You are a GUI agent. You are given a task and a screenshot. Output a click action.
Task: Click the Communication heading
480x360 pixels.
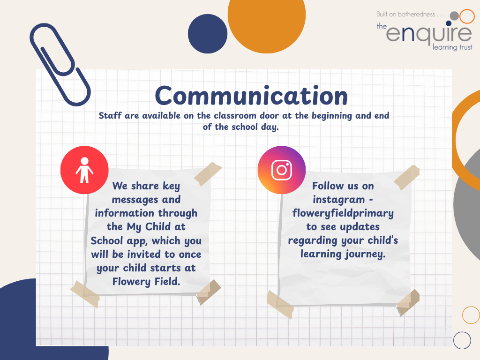pyautogui.click(x=251, y=96)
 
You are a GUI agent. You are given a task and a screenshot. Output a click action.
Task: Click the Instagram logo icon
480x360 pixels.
pyautogui.click(x=282, y=170)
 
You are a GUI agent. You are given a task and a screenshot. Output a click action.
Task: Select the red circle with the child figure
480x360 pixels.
pyautogui.click(x=84, y=170)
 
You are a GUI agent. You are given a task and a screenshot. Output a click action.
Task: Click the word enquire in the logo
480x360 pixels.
pyautogui.click(x=429, y=34)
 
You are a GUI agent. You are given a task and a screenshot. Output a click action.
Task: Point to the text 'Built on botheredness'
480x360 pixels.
pyautogui.click(x=405, y=14)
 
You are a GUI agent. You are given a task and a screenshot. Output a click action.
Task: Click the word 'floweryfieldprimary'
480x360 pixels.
pyautogui.click(x=343, y=213)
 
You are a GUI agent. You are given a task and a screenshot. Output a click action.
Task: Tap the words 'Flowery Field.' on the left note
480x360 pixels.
pyautogui.click(x=146, y=281)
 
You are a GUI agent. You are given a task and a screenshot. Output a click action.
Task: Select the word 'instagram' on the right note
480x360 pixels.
pyautogui.click(x=338, y=200)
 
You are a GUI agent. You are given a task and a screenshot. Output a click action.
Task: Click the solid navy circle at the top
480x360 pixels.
pyautogui.click(x=208, y=34)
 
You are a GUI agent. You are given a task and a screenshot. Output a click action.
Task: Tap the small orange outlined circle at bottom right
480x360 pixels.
pyautogui.click(x=463, y=315)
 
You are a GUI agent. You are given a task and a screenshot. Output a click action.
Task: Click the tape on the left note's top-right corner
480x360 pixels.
pyautogui.click(x=208, y=174)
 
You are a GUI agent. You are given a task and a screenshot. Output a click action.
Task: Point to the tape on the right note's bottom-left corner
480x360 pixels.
pyautogui.click(x=280, y=305)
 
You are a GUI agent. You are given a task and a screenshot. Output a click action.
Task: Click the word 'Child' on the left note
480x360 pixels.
pyautogui.click(x=158, y=226)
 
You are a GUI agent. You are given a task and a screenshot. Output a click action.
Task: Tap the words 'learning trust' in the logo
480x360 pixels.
pyautogui.click(x=452, y=47)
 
